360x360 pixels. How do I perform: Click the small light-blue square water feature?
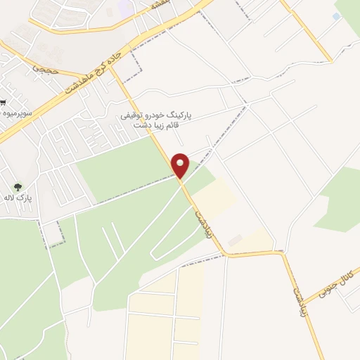pos(336,16)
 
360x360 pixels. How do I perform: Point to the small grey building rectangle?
pos(235,240)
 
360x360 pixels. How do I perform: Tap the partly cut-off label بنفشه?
pos(164,4)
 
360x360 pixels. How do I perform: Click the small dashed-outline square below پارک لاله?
pos(52,233)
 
